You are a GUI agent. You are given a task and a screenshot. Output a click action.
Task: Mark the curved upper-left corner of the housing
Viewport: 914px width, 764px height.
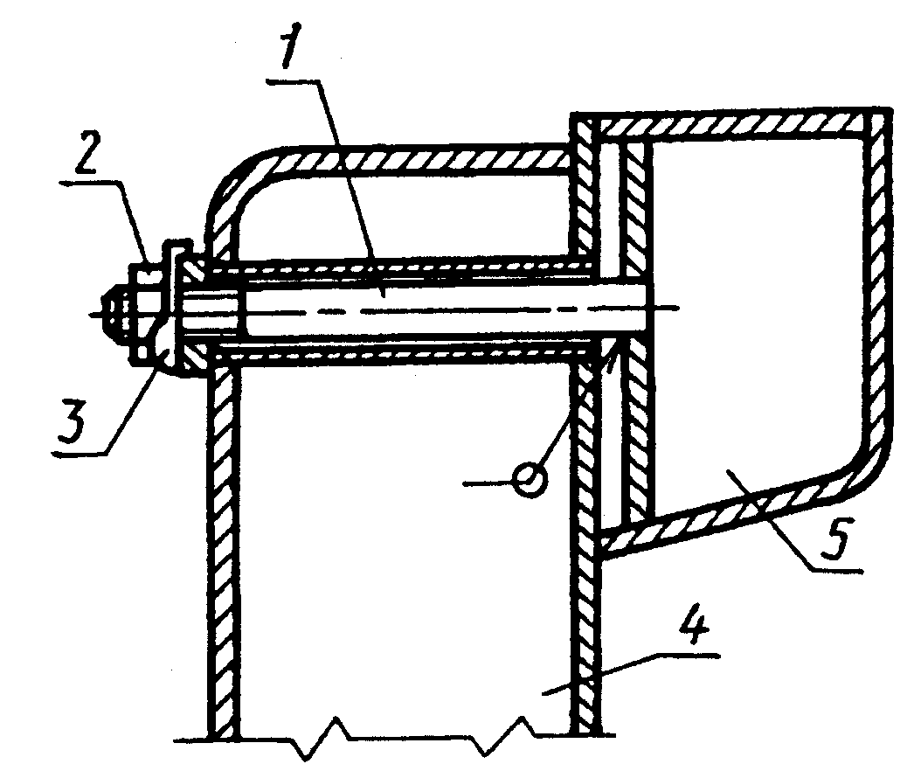[x=239, y=175]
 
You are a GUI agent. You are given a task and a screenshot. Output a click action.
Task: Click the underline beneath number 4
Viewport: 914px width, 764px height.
[x=687, y=656]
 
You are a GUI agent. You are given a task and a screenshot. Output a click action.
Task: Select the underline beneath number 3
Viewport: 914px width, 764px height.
[x=80, y=454]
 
